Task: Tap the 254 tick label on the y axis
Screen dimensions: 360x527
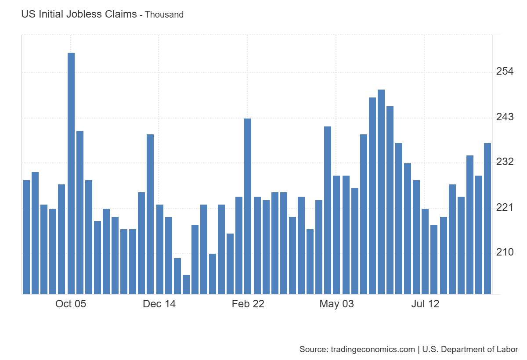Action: click(505, 72)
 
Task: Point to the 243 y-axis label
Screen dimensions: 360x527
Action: click(505, 117)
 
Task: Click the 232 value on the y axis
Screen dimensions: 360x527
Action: click(505, 162)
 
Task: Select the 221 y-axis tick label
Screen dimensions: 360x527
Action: click(505, 207)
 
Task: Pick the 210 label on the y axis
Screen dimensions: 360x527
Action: click(505, 252)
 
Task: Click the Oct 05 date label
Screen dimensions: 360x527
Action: click(71, 304)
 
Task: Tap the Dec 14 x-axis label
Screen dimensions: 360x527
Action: click(159, 304)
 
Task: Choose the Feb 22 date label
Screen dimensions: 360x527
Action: click(248, 304)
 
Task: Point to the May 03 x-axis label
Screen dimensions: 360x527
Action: click(336, 304)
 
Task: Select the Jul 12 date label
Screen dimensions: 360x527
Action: click(425, 304)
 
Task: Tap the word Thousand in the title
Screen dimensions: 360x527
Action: click(164, 14)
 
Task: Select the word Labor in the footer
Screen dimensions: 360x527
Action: click(508, 349)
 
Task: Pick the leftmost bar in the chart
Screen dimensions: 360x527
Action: click(26, 237)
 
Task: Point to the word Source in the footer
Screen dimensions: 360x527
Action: click(312, 349)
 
